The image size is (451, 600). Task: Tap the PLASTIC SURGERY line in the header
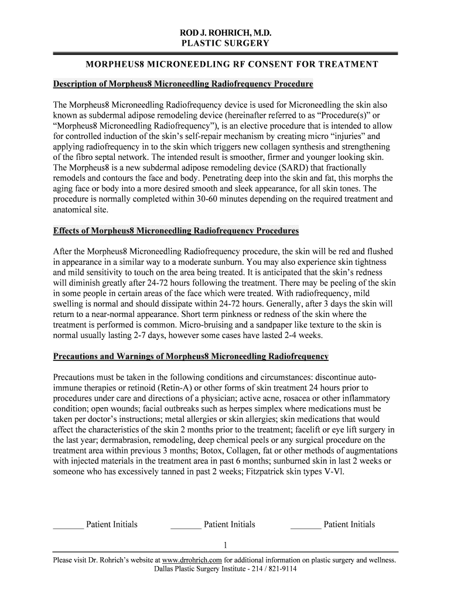(225, 43)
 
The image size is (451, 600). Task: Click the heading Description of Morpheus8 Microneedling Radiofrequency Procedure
(183, 84)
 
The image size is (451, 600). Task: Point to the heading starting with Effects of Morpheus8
(176, 230)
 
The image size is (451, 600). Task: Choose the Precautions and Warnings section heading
(191, 356)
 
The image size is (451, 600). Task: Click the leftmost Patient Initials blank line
(68, 527)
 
